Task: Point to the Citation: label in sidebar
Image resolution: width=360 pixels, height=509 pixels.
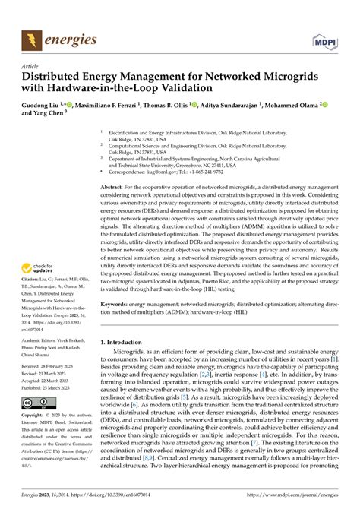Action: [35, 286]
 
